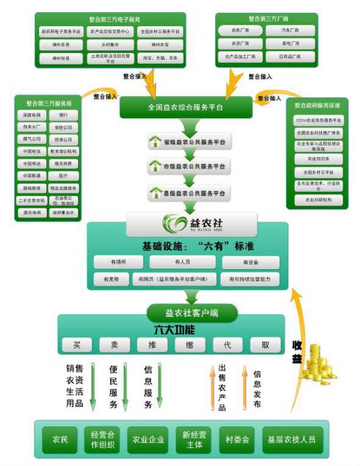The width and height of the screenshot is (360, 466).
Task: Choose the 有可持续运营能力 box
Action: click(250, 278)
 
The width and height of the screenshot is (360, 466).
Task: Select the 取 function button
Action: click(266, 345)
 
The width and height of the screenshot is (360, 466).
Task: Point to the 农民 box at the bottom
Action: click(59, 440)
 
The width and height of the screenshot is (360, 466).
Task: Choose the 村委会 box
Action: click(237, 440)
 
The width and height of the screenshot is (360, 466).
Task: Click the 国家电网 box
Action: click(30, 115)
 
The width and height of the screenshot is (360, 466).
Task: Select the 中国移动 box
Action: click(30, 163)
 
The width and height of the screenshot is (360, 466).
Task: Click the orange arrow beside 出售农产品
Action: click(210, 386)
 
